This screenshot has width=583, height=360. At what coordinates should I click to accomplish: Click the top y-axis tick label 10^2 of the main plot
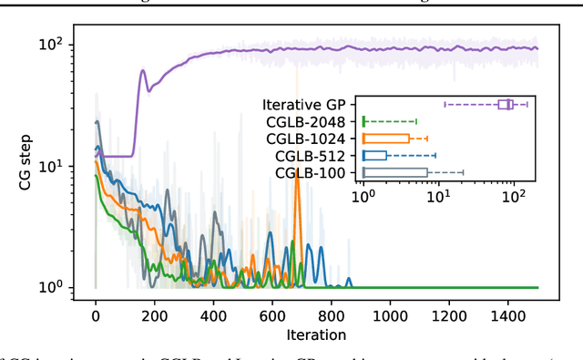53,44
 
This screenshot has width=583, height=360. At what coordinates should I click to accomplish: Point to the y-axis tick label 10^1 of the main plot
53,166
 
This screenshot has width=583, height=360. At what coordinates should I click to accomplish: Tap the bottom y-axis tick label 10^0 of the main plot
53,287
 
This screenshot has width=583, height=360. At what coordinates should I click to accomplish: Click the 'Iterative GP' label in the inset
303,104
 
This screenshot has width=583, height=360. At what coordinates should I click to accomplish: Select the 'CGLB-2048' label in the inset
305,121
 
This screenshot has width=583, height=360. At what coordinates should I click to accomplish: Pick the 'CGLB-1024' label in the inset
305,139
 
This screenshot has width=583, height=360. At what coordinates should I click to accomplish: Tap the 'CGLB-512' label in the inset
309,155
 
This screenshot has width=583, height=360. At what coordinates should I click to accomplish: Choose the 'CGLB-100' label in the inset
309,172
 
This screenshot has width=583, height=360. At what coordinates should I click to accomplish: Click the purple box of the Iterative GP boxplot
506,105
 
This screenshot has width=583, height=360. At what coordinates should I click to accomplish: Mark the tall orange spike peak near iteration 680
296,170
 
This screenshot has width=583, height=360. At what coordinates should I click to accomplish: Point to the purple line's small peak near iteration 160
142,71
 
